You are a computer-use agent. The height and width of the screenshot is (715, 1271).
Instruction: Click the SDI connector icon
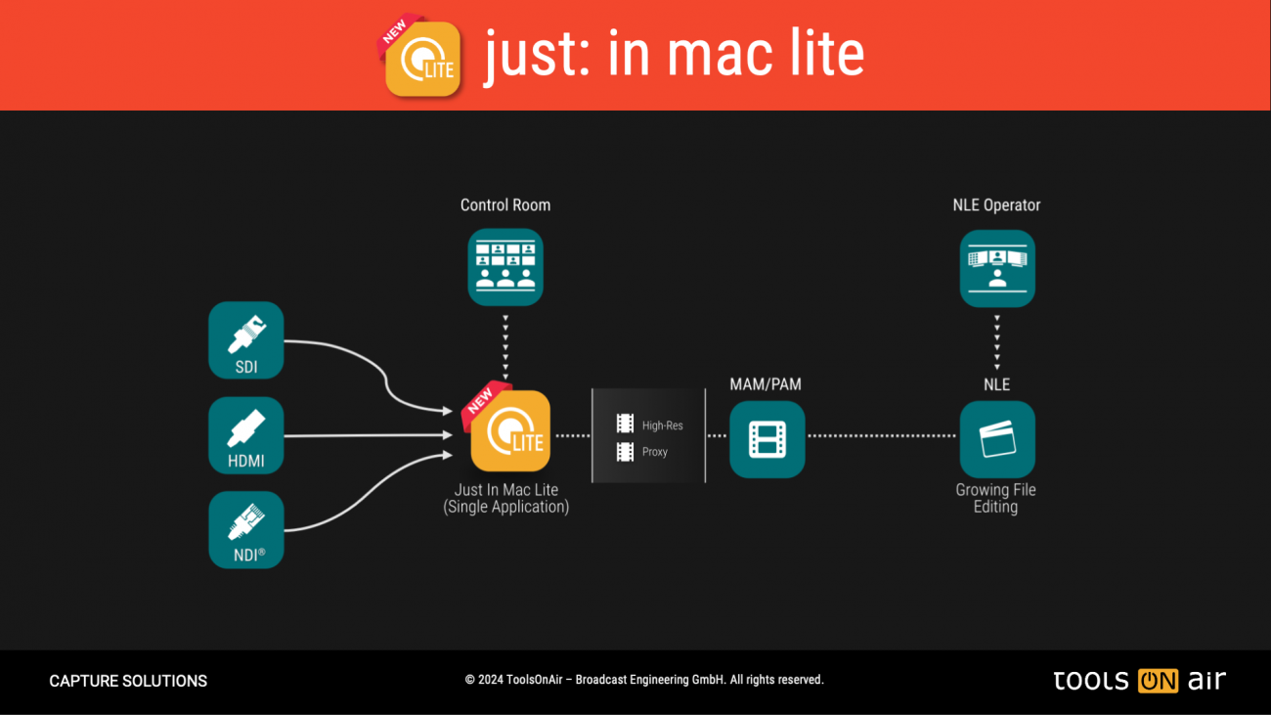pyautogui.click(x=245, y=339)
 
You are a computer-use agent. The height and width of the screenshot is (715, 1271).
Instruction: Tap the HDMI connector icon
pyautogui.click(x=245, y=434)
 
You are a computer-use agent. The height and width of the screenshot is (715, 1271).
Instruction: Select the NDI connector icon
pyautogui.click(x=245, y=529)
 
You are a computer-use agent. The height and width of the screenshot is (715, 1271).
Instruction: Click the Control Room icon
pyautogui.click(x=505, y=267)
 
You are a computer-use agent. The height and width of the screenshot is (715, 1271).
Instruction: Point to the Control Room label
pyautogui.click(x=505, y=205)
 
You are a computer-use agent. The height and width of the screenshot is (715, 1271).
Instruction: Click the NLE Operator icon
pyautogui.click(x=997, y=268)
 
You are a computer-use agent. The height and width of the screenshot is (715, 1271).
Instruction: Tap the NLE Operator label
pyautogui.click(x=996, y=205)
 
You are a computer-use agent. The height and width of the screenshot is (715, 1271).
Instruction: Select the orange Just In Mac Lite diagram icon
pyautogui.click(x=509, y=431)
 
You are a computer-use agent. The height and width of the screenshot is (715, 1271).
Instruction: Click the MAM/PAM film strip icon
pyautogui.click(x=767, y=439)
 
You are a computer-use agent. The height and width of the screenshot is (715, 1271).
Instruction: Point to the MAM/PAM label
pyautogui.click(x=766, y=384)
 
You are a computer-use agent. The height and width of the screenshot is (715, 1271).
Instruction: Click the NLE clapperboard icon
pyautogui.click(x=997, y=439)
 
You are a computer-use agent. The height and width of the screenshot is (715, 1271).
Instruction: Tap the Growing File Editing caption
pyautogui.click(x=995, y=498)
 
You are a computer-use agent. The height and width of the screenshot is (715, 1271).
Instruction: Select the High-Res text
pyautogui.click(x=662, y=425)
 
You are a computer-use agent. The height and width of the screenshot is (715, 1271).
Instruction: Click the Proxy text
pyautogui.click(x=655, y=452)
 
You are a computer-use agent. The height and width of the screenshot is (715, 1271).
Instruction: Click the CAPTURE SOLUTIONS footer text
pyautogui.click(x=128, y=681)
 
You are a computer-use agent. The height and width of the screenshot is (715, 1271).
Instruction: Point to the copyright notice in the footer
pyautogui.click(x=644, y=680)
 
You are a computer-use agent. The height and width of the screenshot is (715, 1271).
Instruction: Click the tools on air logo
pyautogui.click(x=1139, y=681)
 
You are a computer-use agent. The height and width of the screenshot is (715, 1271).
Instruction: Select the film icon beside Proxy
pyautogui.click(x=625, y=452)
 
